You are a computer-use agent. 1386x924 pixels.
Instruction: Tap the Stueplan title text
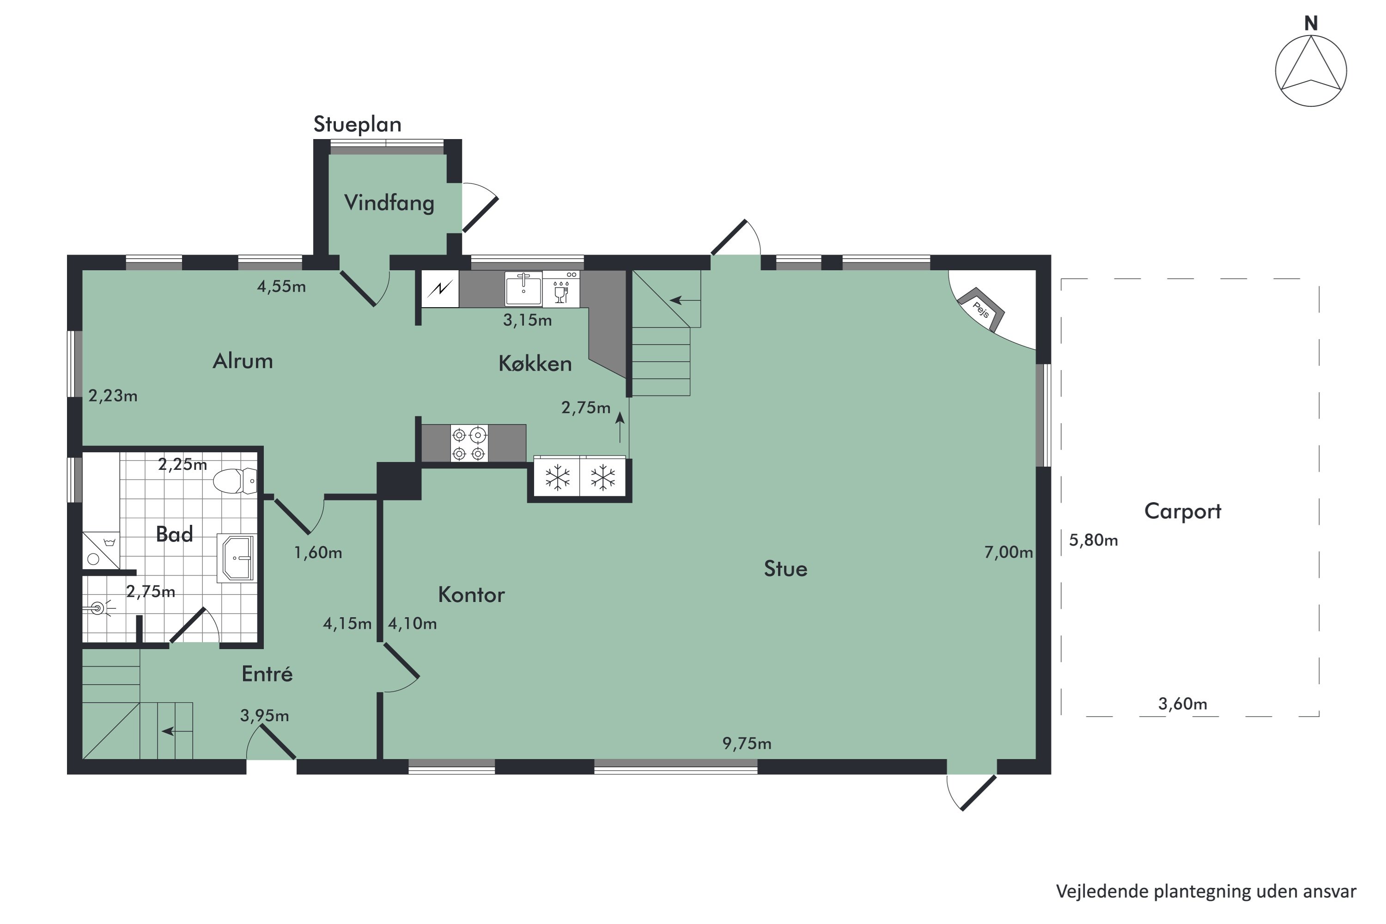coord(357,125)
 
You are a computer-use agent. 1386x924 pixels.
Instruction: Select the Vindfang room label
coord(389,203)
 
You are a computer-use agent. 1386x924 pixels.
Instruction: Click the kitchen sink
coord(523,288)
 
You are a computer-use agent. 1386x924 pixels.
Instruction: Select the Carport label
coord(1183,511)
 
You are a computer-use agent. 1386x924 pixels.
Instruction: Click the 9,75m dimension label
coord(747,744)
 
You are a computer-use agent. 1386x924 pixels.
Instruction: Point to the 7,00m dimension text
coord(1008,552)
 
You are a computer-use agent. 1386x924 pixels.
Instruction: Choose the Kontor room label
coord(471,595)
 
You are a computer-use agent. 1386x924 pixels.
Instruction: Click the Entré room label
coord(267,674)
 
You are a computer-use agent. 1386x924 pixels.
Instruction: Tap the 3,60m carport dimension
coord(1183,704)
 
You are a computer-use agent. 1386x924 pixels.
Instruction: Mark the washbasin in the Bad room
coord(236,558)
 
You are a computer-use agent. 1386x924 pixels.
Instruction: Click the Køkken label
coord(535,364)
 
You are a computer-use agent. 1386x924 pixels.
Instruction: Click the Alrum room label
coord(243,361)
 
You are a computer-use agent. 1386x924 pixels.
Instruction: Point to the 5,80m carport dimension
coord(1093,541)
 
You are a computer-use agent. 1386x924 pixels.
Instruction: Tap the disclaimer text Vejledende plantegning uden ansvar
coord(1206,892)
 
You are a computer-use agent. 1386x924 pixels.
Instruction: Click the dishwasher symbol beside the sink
coord(561,289)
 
